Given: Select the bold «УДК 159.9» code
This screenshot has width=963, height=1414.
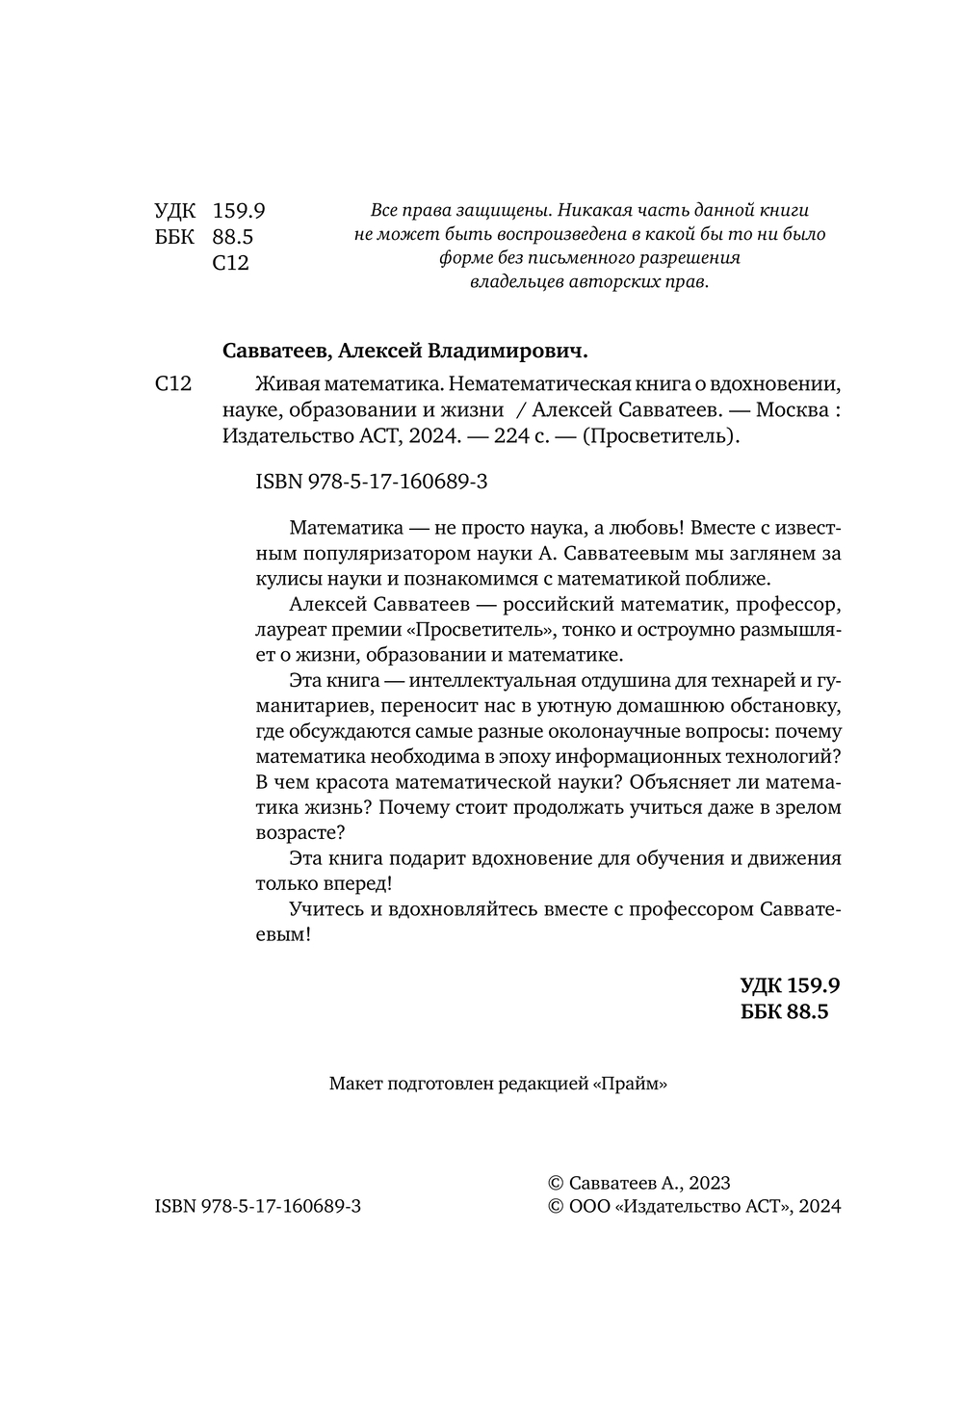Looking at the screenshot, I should (x=790, y=985).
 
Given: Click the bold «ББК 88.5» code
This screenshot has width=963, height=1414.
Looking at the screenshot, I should (x=785, y=1011).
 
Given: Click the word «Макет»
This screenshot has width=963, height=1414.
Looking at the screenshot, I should (x=354, y=1084).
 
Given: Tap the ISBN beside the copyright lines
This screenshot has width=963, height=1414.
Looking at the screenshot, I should (x=257, y=1206).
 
